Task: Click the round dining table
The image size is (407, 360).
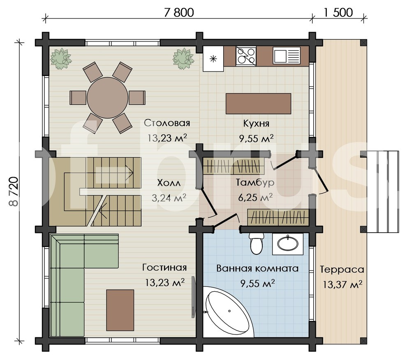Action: coord(107,97)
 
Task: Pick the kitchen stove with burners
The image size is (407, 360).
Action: coord(246,56)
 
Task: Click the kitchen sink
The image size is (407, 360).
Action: coord(286,55)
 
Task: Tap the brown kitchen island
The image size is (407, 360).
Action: coord(258,104)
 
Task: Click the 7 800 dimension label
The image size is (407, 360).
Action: coord(179,12)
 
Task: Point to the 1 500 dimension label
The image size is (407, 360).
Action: coord(338,12)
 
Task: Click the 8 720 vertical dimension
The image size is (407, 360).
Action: coord(14,191)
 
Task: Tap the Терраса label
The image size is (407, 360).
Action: coord(342,270)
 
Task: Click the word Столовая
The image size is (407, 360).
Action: coord(167,123)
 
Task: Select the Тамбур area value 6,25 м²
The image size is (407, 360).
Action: coord(255,197)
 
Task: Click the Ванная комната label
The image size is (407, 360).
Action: coord(257,268)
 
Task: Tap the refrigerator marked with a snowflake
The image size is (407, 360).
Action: coord(213,59)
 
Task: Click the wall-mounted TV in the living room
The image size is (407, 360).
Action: coord(194,297)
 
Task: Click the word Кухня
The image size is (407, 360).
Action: coord(256,123)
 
